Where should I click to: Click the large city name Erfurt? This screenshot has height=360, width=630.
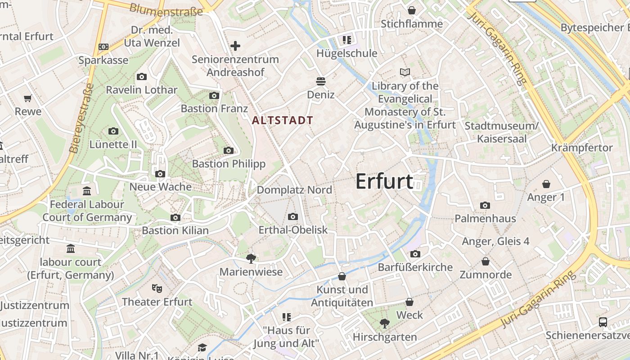point(384,181)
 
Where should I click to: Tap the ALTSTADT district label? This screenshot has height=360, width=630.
point(283,121)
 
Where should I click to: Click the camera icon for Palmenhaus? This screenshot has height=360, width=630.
point(485,206)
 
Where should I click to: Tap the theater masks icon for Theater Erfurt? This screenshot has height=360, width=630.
point(157,288)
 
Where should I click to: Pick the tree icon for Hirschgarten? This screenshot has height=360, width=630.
point(384,323)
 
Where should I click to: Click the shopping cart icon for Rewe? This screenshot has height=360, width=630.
point(28,98)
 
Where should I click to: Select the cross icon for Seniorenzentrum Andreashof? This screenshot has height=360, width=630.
point(235,46)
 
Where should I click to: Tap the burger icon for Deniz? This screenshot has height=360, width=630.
point(321,81)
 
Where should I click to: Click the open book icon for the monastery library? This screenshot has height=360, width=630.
point(405,72)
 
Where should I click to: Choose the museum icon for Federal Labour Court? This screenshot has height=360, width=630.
point(87,191)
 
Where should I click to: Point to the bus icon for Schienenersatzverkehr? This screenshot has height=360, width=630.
point(603,322)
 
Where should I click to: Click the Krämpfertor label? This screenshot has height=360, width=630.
point(582,148)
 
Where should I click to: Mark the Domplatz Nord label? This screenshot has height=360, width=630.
point(294,190)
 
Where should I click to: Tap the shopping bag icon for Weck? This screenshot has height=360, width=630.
point(409,302)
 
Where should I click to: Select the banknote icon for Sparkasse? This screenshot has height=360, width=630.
point(103,47)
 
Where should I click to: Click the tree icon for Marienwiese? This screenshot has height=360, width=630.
point(251,258)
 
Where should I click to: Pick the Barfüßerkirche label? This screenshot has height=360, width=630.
point(415,267)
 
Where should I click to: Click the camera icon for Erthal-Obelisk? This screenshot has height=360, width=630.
point(293,217)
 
